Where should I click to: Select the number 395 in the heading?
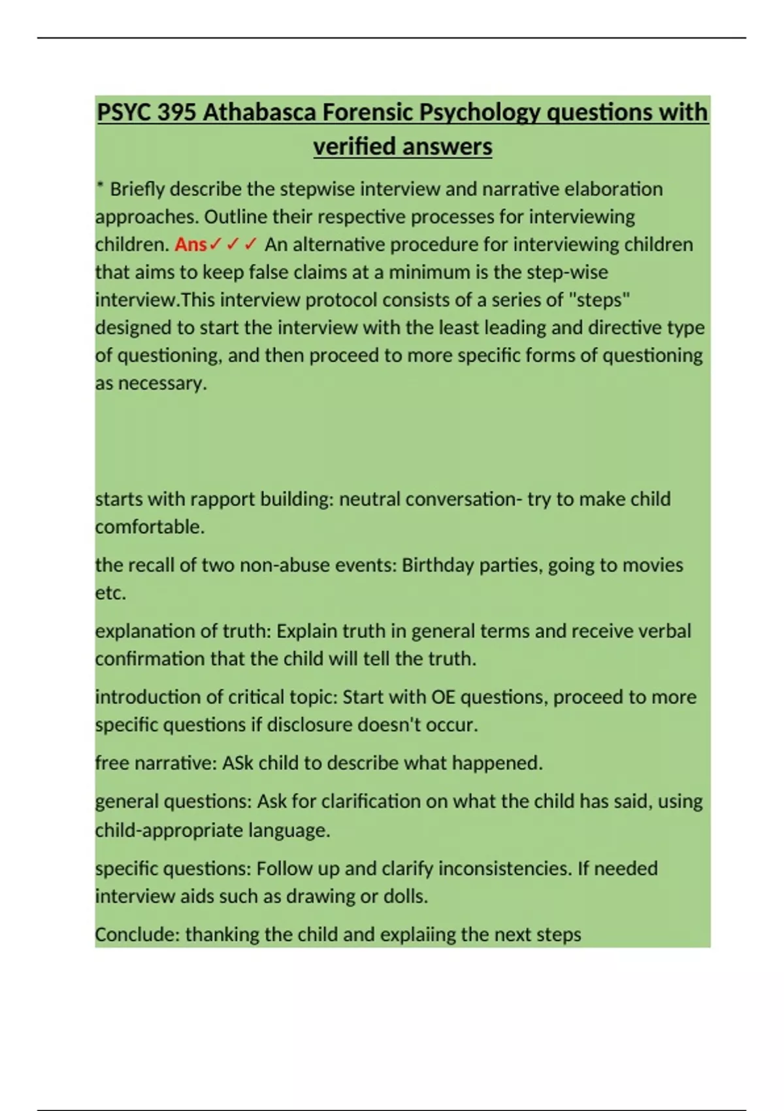click(x=177, y=112)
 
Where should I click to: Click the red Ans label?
click(x=191, y=244)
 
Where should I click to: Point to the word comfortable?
click(x=150, y=527)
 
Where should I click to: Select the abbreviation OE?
click(x=444, y=697)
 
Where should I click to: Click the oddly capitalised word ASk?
click(x=238, y=763)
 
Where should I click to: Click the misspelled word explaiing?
click(x=416, y=935)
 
